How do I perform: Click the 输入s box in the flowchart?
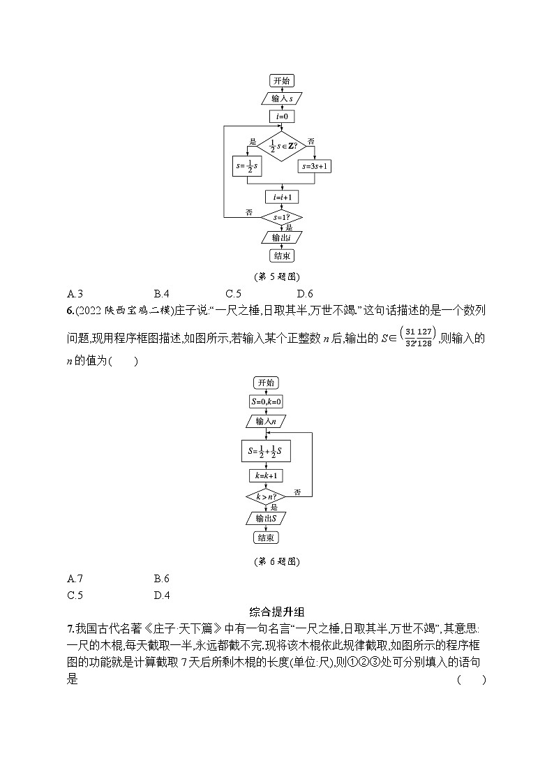[281, 98]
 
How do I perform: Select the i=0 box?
[281, 116]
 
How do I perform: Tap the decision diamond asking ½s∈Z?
[281, 147]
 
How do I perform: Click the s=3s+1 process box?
[314, 167]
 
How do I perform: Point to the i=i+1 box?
[281, 198]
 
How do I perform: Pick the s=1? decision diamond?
[281, 217]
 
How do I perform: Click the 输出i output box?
[281, 238]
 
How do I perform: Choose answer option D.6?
[305, 294]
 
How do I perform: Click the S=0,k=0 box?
[266, 402]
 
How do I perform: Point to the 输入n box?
[266, 421]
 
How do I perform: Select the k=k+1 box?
[266, 475]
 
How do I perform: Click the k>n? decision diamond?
[266, 497]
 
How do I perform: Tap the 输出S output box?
[266, 518]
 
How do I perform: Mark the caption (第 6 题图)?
[277, 560]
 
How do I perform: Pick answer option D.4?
[162, 596]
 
